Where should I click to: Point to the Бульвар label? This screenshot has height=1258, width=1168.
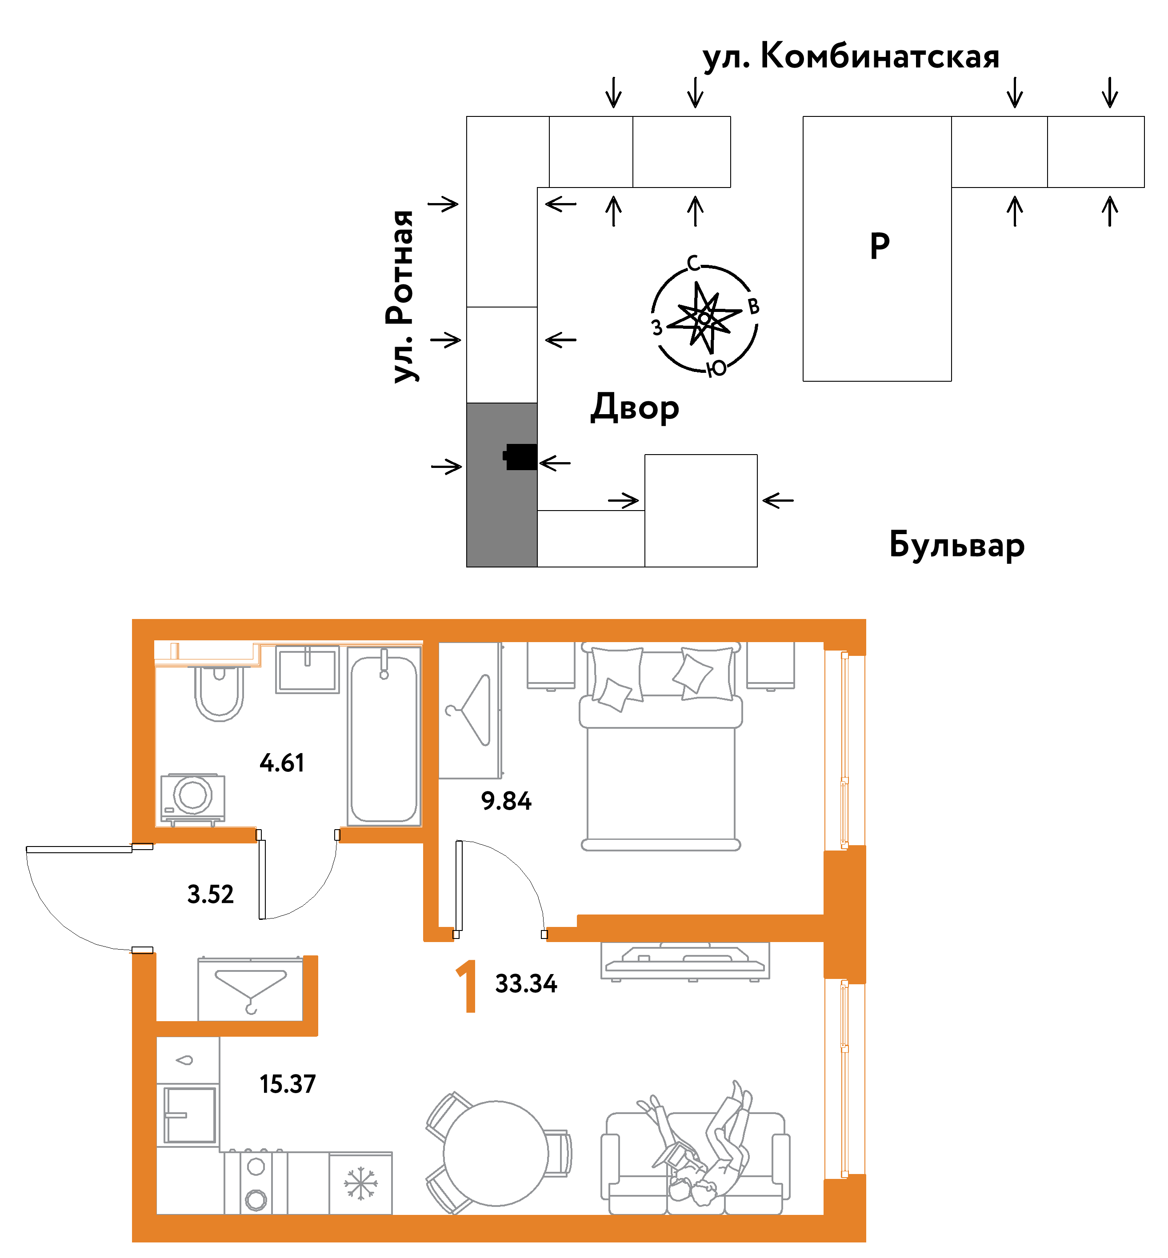[x=956, y=545]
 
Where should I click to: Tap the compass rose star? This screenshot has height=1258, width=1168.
[x=704, y=318]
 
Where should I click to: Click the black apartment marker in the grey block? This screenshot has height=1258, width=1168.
[x=520, y=457]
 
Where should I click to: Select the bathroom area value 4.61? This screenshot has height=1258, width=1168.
[x=282, y=763]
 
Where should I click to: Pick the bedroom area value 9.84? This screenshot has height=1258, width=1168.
[x=506, y=801]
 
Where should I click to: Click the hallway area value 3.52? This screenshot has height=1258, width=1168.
[x=211, y=895]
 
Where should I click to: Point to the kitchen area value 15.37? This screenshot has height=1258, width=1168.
[x=288, y=1084]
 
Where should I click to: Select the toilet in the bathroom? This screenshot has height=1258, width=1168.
[x=219, y=691]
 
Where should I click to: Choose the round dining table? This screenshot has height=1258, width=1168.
[x=496, y=1154]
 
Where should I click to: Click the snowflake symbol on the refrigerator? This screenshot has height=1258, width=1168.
[x=360, y=1183]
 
